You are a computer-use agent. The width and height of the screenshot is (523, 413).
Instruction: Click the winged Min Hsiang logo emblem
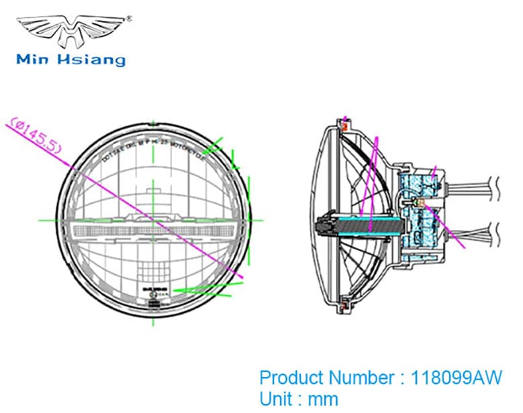point(70,29)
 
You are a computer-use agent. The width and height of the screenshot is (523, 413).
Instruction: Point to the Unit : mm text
point(299,400)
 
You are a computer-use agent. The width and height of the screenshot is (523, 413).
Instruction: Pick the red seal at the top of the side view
point(346,123)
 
